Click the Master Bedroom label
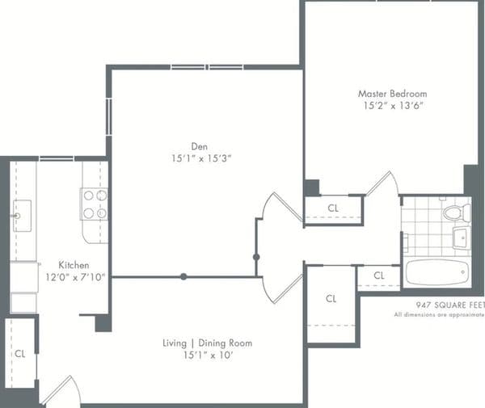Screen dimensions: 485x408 click(x=392, y=94)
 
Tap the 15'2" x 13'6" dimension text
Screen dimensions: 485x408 click(x=393, y=106)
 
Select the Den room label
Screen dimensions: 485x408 click(x=199, y=146)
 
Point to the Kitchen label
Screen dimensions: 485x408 click(x=74, y=265)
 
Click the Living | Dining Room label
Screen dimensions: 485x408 click(x=207, y=343)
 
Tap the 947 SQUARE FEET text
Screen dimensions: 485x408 click(x=450, y=305)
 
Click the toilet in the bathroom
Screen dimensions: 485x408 click(x=458, y=212)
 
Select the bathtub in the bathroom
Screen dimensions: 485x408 click(x=436, y=272)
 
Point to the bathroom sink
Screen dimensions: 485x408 click(x=462, y=238)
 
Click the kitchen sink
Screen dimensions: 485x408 click(x=23, y=216)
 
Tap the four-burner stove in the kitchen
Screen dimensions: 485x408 click(x=95, y=204)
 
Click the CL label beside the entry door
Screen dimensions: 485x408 click(x=20, y=354)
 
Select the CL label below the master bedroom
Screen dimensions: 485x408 click(x=333, y=208)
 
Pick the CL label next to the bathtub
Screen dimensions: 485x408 click(x=379, y=275)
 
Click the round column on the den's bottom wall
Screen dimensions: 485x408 click(x=183, y=276)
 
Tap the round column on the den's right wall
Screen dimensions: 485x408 click(x=256, y=257)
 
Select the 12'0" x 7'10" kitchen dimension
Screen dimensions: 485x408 click(x=75, y=277)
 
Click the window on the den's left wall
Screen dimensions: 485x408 click(x=108, y=117)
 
